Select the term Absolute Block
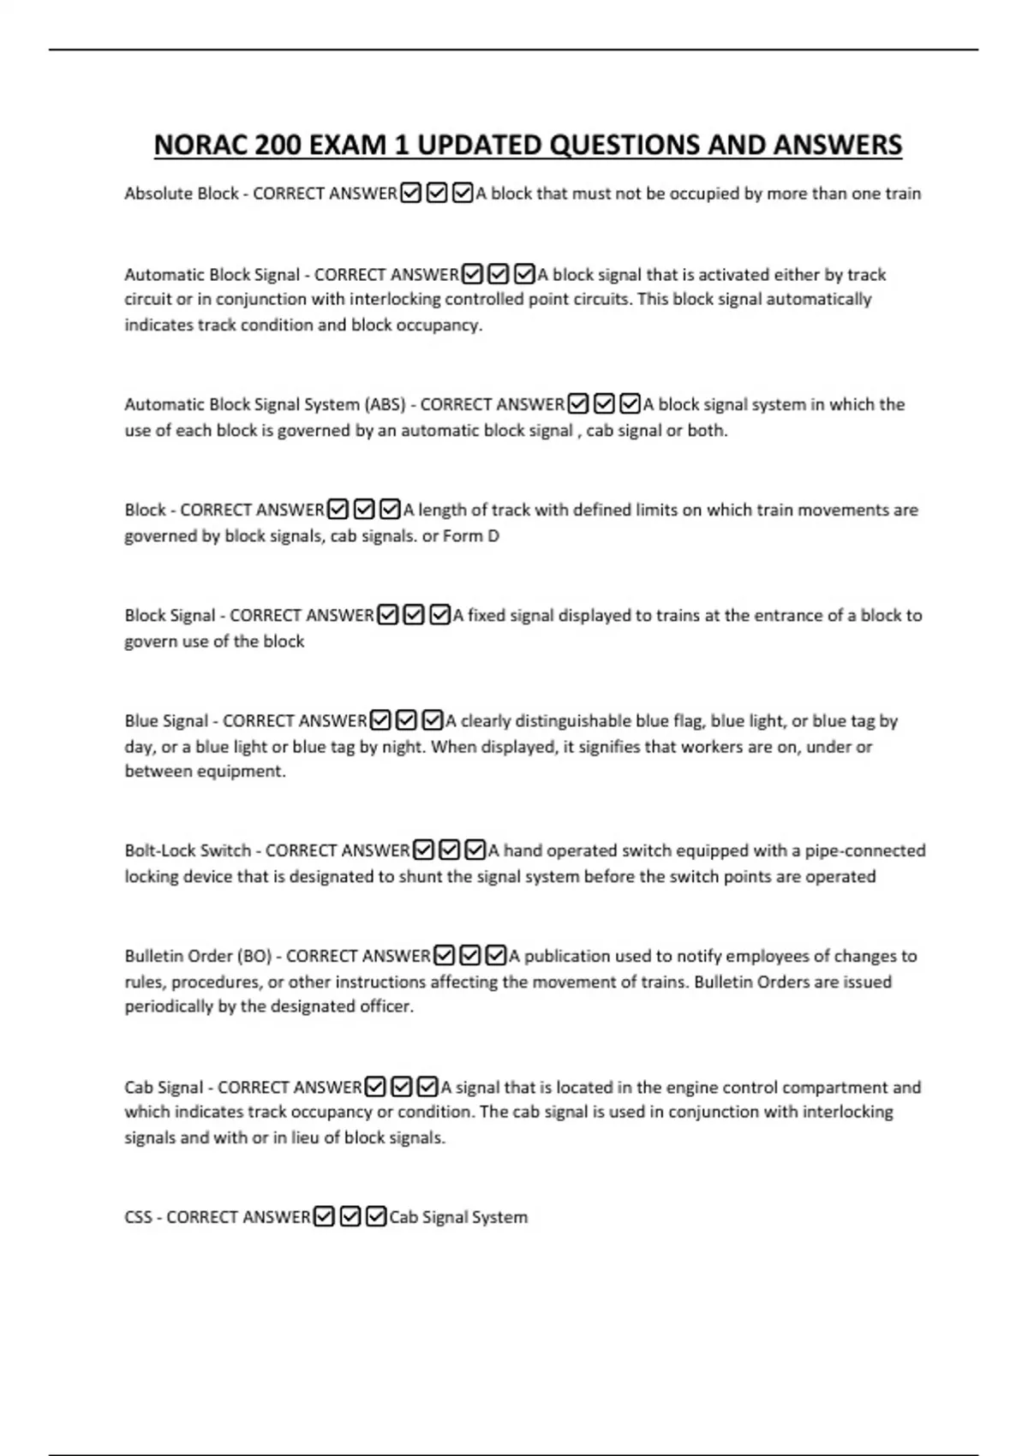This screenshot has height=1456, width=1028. click(181, 194)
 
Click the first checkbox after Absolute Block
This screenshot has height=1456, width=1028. click(411, 194)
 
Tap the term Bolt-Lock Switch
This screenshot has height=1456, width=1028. click(188, 850)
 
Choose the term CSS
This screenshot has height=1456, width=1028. click(138, 1217)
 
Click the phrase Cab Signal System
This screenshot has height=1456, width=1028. click(458, 1217)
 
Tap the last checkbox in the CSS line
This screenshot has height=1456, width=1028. click(376, 1217)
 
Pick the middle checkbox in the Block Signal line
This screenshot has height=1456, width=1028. click(414, 616)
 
